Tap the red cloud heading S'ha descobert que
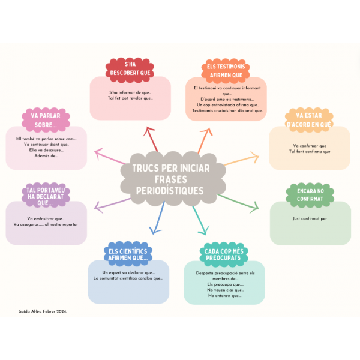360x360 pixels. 130,68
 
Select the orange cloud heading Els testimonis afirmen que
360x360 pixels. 225,70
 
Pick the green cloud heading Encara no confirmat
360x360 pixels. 310,194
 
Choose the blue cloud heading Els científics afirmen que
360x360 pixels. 128,254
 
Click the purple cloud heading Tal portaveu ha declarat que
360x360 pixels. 46,194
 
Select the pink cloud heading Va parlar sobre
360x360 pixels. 46,120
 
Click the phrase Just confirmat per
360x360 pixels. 310,218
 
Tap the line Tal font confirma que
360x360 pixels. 310,151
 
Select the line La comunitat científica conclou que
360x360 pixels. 128,278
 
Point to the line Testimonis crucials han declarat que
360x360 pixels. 227,110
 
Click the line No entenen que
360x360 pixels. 224,295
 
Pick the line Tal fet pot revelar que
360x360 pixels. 130,98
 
